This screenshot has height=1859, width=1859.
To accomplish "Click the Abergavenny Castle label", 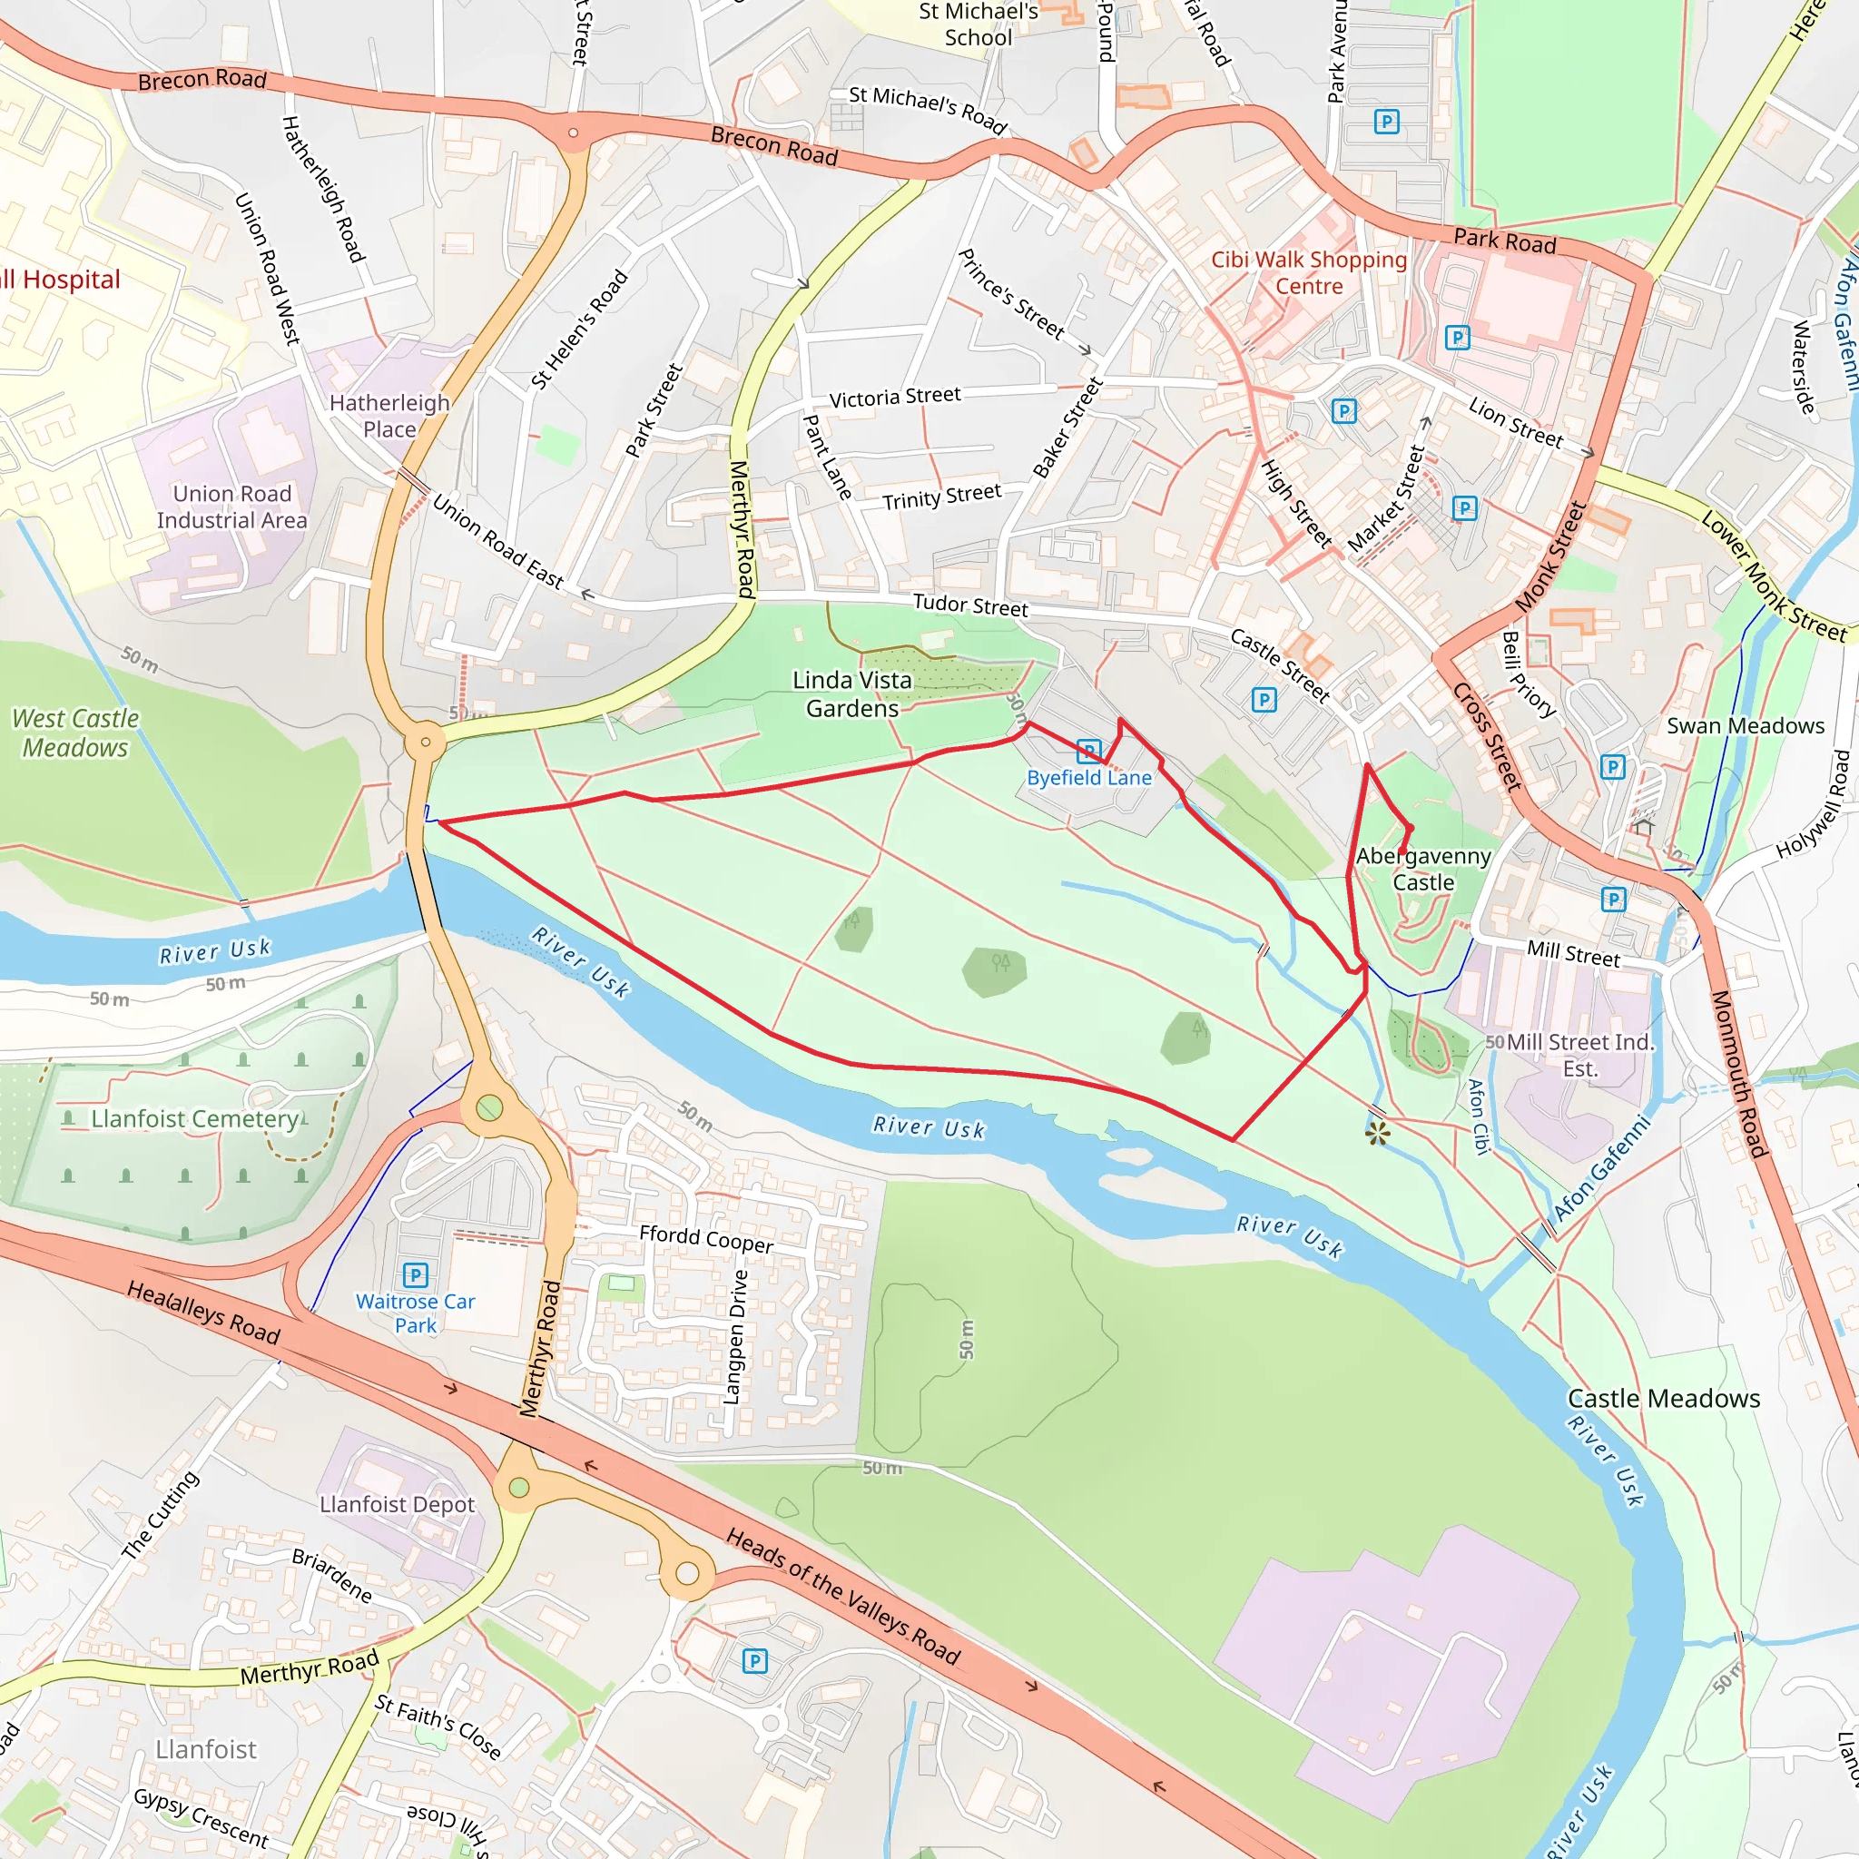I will coord(1423,869).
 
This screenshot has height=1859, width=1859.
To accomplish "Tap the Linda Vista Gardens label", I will coord(851,693).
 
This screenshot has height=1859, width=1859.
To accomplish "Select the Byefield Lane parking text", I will coord(1088,778).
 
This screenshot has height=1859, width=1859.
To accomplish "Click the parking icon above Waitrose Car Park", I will coord(415,1275).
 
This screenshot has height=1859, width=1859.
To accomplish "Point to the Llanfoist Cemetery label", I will coord(194,1118).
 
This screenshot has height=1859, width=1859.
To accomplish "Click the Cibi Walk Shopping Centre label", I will coord(1309,272).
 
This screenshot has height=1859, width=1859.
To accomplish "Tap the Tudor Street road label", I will coord(970,605).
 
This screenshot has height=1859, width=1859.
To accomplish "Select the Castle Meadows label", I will coord(1664,1398).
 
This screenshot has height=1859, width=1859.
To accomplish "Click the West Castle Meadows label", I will coord(75,733).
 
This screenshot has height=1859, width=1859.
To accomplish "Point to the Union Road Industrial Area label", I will coord(231,507).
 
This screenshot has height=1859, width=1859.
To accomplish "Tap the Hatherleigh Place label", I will coord(389,416).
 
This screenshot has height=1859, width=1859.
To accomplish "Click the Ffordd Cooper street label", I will coord(705,1238).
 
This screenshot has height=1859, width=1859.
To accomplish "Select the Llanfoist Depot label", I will coord(397,1504).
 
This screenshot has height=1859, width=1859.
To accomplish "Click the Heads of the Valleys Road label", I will coord(843,1597).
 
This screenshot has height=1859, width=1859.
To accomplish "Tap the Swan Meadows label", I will coord(1745,725).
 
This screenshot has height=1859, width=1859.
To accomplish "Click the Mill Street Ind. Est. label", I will coord(1579,1055).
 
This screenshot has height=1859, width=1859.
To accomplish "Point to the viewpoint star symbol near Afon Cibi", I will coord(1377,1134).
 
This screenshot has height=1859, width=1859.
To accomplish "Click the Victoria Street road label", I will coord(895,397).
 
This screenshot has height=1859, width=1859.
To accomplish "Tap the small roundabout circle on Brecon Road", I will coord(574,133).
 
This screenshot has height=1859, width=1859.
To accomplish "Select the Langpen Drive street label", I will coord(737,1336).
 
